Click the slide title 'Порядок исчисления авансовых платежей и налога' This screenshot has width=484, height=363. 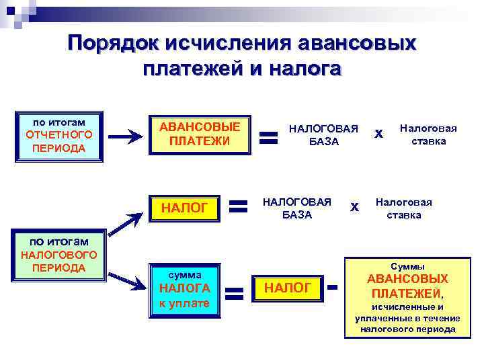pos(242,56)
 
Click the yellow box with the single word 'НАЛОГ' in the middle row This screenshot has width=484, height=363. pos(185,208)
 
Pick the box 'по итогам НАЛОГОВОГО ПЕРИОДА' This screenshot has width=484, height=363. pos(59,253)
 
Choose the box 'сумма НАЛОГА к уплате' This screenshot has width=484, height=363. pos(184,288)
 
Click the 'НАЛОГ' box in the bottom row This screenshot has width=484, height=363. pos(288,288)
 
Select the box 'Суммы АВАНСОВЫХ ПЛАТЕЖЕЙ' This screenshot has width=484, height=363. pos(407,296)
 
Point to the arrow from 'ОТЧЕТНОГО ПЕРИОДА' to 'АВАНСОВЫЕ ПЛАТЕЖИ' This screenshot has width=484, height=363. pos(125,136)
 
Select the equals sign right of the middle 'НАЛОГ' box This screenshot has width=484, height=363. pos(237,207)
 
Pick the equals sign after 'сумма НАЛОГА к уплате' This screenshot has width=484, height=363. pos(233,294)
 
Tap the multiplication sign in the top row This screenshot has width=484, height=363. pos(378,134)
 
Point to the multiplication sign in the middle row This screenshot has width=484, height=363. pos(355,208)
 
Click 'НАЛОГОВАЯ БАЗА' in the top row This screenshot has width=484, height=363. pos(323,134)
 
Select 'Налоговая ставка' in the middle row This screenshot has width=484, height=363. pos(403,208)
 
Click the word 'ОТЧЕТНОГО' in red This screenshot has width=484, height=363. pos(59,134)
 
